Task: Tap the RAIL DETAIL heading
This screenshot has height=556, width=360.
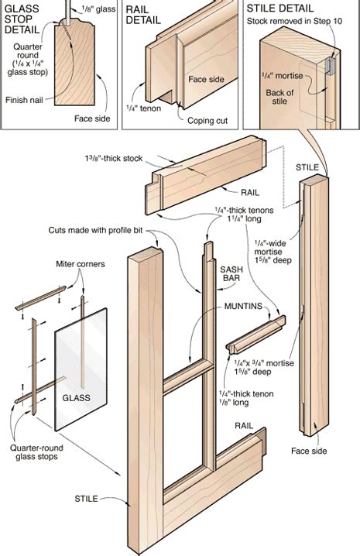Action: pyautogui.click(x=143, y=15)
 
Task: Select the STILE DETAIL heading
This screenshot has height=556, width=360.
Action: pyautogui.click(x=278, y=9)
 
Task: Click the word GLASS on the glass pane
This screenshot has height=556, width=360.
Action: pyautogui.click(x=77, y=398)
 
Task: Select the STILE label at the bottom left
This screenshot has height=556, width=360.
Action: pyautogui.click(x=86, y=499)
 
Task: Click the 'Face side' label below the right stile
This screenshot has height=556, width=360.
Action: pyautogui.click(x=308, y=451)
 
